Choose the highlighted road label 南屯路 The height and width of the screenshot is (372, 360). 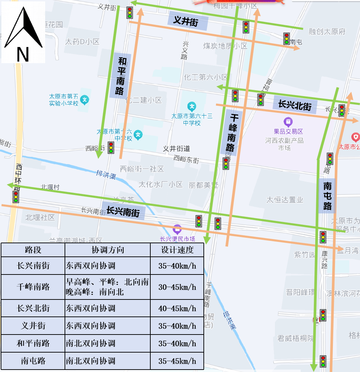[327, 196]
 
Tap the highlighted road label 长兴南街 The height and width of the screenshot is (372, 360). [123, 211]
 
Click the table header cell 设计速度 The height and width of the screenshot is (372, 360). [177, 250]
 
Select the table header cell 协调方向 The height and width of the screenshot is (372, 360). [108, 250]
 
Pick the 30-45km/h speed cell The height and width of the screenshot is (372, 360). [177, 287]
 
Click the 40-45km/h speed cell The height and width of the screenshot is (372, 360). [177, 308]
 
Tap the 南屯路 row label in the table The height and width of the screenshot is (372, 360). [33, 361]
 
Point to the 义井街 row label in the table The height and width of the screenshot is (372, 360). [33, 326]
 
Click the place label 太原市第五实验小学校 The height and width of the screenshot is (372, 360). [64, 100]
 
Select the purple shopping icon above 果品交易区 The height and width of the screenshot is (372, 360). [288, 122]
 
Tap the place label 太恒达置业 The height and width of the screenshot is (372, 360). [285, 200]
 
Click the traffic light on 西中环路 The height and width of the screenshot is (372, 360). [16, 197]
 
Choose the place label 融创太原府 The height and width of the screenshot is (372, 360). [327, 32]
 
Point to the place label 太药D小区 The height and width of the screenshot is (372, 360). [82, 42]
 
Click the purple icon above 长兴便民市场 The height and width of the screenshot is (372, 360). [177, 229]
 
